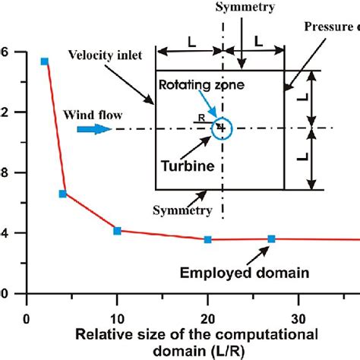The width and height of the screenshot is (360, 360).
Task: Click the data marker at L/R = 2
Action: coord(45,62)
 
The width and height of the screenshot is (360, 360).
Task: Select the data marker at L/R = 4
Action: coord(63,194)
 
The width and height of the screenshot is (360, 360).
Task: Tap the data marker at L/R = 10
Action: coord(117,230)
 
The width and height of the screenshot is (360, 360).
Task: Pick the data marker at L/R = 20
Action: coord(207,240)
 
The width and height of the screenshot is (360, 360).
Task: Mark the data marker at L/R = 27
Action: coord(271,239)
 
